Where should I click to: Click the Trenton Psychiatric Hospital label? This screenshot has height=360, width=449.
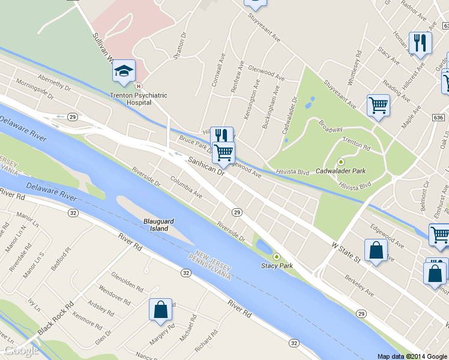click(x=138, y=99)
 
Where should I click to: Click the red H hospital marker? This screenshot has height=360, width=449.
click(x=139, y=86)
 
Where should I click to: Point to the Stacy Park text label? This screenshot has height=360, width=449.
click(x=277, y=266)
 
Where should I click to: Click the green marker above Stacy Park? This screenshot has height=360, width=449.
click(x=277, y=257)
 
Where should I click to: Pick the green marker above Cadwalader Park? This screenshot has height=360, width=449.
click(x=342, y=161)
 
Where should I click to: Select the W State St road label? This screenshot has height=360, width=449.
click(x=345, y=251)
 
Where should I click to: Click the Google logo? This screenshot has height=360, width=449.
click(x=21, y=350)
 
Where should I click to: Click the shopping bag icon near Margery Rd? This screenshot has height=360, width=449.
click(x=161, y=310)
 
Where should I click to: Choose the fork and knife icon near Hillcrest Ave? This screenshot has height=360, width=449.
click(x=420, y=43)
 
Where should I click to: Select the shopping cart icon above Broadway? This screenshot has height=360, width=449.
click(x=378, y=106)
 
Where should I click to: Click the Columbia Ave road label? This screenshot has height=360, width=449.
click(x=185, y=187)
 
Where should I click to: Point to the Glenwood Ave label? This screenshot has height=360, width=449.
click(x=266, y=73)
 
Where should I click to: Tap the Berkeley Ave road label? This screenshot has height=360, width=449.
click(x=359, y=287)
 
